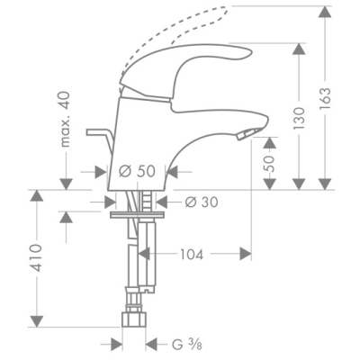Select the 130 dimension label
299,118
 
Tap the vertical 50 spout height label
270,164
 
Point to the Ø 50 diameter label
137,171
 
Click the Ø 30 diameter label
202,202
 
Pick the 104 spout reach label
192,255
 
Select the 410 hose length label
37,257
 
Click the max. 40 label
65,119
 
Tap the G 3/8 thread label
187,345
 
